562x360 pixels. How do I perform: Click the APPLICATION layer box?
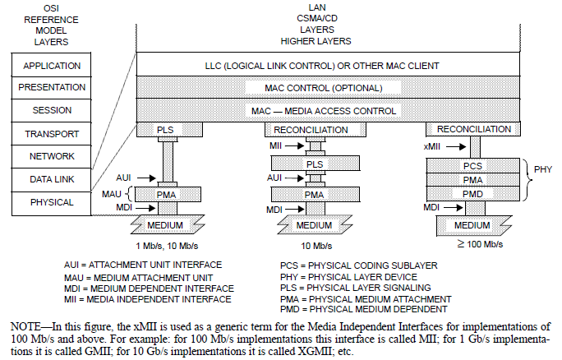point(52,65)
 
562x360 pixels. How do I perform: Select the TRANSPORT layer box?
point(52,133)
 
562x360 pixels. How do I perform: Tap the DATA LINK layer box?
point(52,178)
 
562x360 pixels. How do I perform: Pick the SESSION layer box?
point(52,110)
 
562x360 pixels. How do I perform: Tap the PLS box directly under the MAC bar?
point(166,129)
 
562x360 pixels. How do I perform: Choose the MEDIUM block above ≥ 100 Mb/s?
point(472,224)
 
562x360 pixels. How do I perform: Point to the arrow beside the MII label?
point(291,145)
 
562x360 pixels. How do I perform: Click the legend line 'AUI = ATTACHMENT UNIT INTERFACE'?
point(143,265)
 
